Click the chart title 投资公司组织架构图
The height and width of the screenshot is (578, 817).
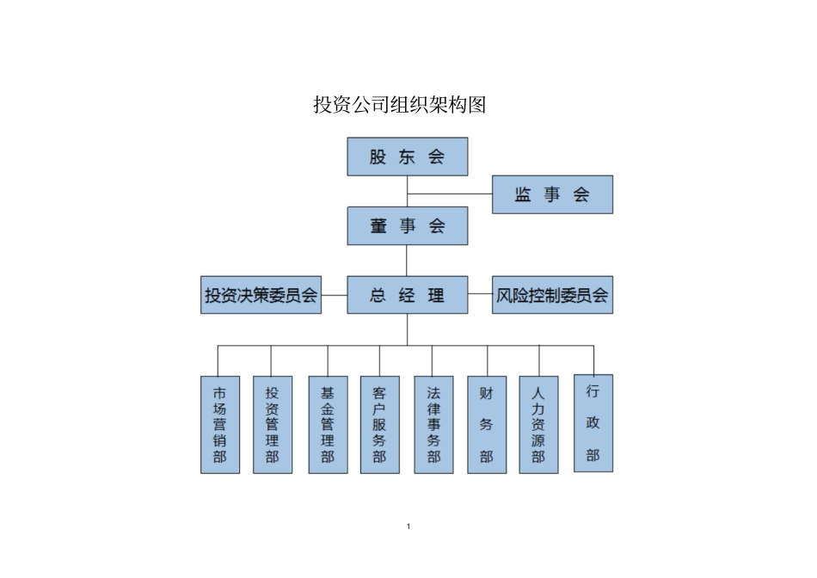pyautogui.click(x=400, y=106)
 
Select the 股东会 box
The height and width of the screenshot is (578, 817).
pyautogui.click(x=407, y=157)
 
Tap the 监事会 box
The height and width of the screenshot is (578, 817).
pyautogui.click(x=552, y=194)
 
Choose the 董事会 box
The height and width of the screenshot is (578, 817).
pyautogui.click(x=407, y=225)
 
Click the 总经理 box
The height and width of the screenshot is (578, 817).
pyautogui.click(x=407, y=295)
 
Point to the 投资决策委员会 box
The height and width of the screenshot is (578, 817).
pyautogui.click(x=261, y=295)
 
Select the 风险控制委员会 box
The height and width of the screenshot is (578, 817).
pyautogui.click(x=552, y=295)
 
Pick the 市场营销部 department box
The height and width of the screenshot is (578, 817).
pyautogui.click(x=220, y=424)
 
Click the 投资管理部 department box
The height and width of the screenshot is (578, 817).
pyautogui.click(x=273, y=424)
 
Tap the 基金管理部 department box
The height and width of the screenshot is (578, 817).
pyautogui.click(x=328, y=424)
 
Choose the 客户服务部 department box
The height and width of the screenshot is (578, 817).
pyautogui.click(x=379, y=424)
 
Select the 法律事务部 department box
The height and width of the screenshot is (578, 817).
pyautogui.click(x=433, y=424)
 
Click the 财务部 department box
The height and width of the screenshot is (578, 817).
pyautogui.click(x=487, y=424)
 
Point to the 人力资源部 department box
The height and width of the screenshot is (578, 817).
pyautogui.click(x=538, y=424)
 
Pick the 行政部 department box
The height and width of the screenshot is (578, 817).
pyautogui.click(x=593, y=422)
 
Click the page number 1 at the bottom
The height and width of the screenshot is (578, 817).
pyautogui.click(x=408, y=526)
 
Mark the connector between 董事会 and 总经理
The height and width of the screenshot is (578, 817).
pyautogui.click(x=407, y=260)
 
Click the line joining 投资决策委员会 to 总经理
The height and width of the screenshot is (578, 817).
pyautogui.click(x=334, y=295)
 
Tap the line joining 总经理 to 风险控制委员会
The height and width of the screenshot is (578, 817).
pyautogui.click(x=480, y=295)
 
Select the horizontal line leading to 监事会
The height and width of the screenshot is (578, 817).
pyautogui.click(x=449, y=194)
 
